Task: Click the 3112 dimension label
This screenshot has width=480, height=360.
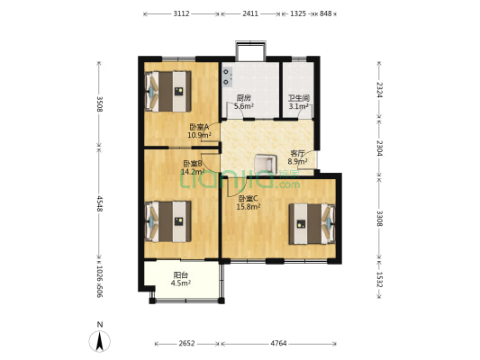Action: point(182,13)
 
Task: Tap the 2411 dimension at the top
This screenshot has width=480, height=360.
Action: point(250,13)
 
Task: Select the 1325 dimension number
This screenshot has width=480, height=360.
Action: point(298,13)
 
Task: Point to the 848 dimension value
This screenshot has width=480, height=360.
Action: point(326,13)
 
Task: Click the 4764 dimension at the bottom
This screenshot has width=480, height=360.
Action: point(278,344)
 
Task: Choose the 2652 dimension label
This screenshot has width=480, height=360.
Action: point(186,344)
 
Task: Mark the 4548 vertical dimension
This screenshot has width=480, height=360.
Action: point(99,203)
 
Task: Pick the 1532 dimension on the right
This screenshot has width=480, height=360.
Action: point(379,280)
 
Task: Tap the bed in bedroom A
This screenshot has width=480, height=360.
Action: point(168,92)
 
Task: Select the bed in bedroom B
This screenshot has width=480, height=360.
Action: point(168,221)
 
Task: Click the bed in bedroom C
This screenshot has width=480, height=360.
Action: point(312,224)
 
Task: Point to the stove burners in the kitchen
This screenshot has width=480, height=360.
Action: point(227,76)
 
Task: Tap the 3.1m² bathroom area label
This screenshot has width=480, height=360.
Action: point(298,106)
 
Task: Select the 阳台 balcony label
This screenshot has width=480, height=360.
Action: point(181,274)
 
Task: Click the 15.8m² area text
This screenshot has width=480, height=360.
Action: point(249,207)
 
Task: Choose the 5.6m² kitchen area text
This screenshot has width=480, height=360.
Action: point(244,106)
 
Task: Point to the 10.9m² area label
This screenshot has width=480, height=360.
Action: point(199,135)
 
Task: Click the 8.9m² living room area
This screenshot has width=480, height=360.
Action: point(297,161)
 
